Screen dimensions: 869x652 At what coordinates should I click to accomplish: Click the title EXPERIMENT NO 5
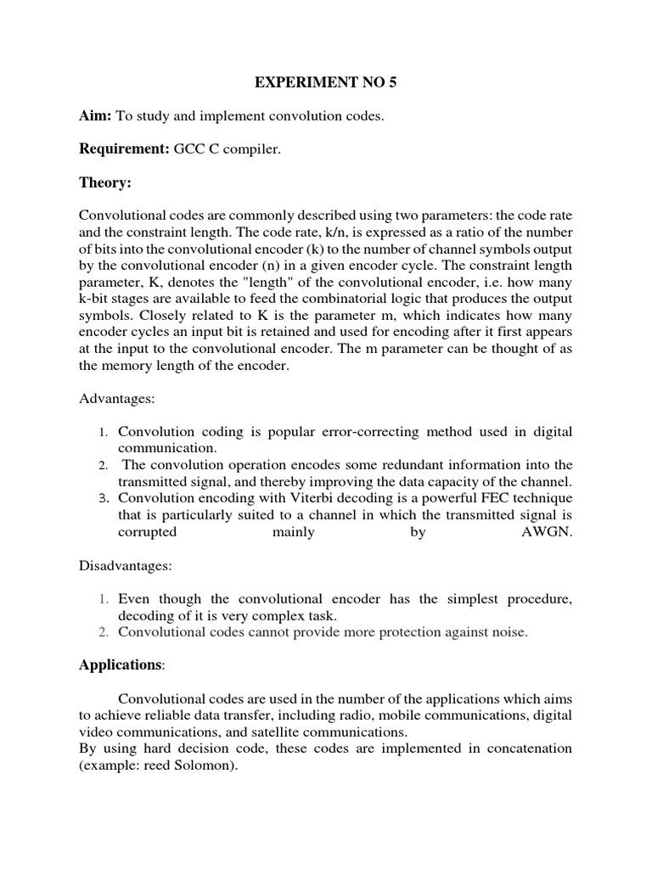(326, 84)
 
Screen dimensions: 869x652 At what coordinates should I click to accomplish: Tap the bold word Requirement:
(124, 149)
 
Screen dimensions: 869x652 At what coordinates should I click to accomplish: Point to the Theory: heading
(105, 182)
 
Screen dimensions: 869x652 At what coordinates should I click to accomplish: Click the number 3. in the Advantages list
(103, 497)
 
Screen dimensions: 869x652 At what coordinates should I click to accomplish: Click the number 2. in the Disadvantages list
(103, 631)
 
